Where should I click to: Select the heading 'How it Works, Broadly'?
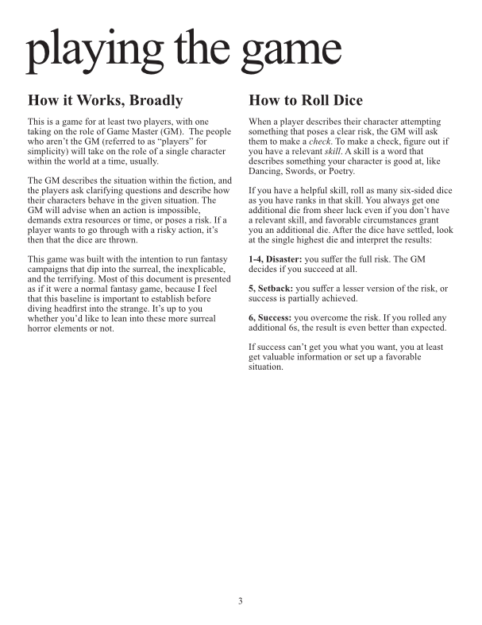105,101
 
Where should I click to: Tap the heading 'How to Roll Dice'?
306,101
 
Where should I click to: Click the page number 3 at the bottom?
240,601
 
